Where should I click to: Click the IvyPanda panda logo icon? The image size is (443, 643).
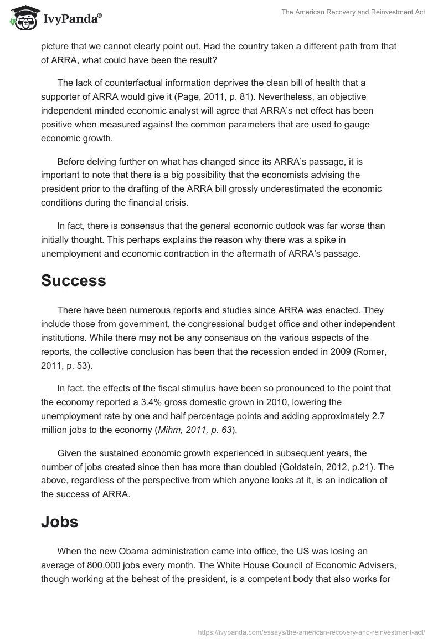[23, 18]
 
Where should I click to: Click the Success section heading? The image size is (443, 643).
[73, 280]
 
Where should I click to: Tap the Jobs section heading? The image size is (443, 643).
[59, 522]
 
